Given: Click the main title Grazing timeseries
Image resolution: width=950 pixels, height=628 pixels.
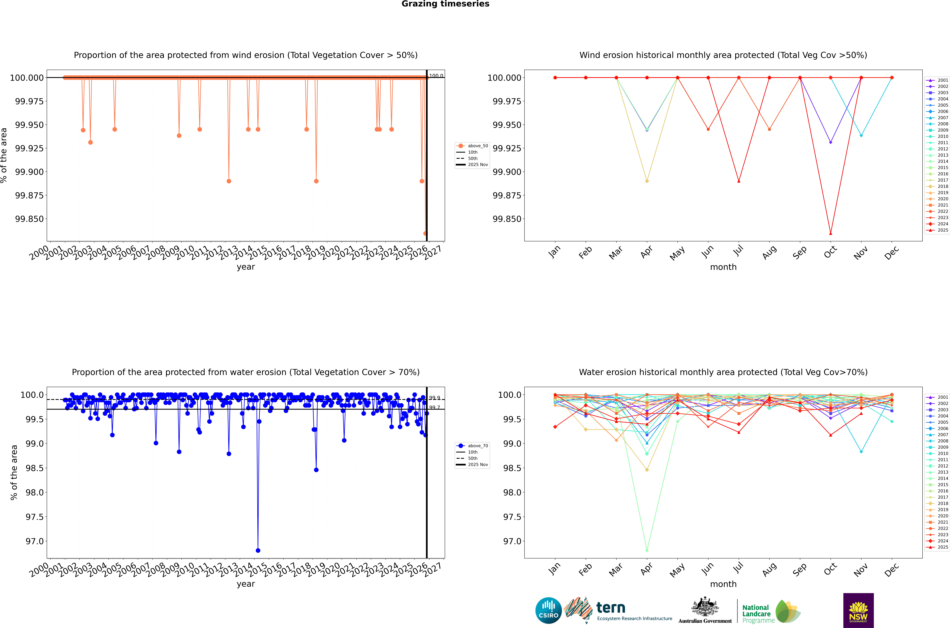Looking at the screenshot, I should (445, 4).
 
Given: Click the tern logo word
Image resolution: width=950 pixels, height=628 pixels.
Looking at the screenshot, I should (611, 608).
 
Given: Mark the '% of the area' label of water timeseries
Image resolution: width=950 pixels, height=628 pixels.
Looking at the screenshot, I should (14, 473).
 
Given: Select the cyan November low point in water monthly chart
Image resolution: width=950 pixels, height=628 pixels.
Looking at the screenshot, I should (861, 452).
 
